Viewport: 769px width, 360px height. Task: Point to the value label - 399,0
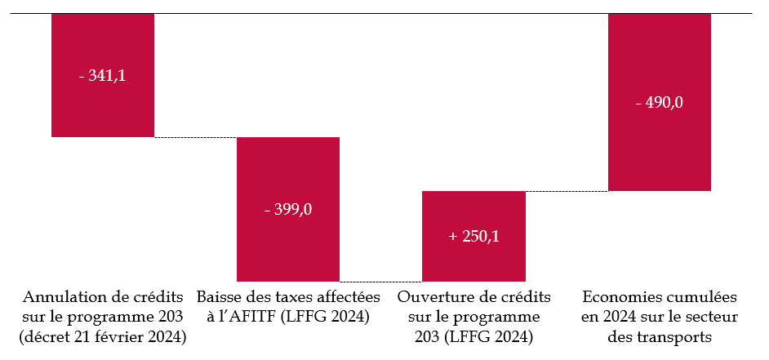288,209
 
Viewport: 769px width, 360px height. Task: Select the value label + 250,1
473,237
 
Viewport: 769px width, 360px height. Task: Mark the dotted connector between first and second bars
195,137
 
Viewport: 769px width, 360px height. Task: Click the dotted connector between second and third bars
380,282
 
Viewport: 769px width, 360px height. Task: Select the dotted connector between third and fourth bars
567,191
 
